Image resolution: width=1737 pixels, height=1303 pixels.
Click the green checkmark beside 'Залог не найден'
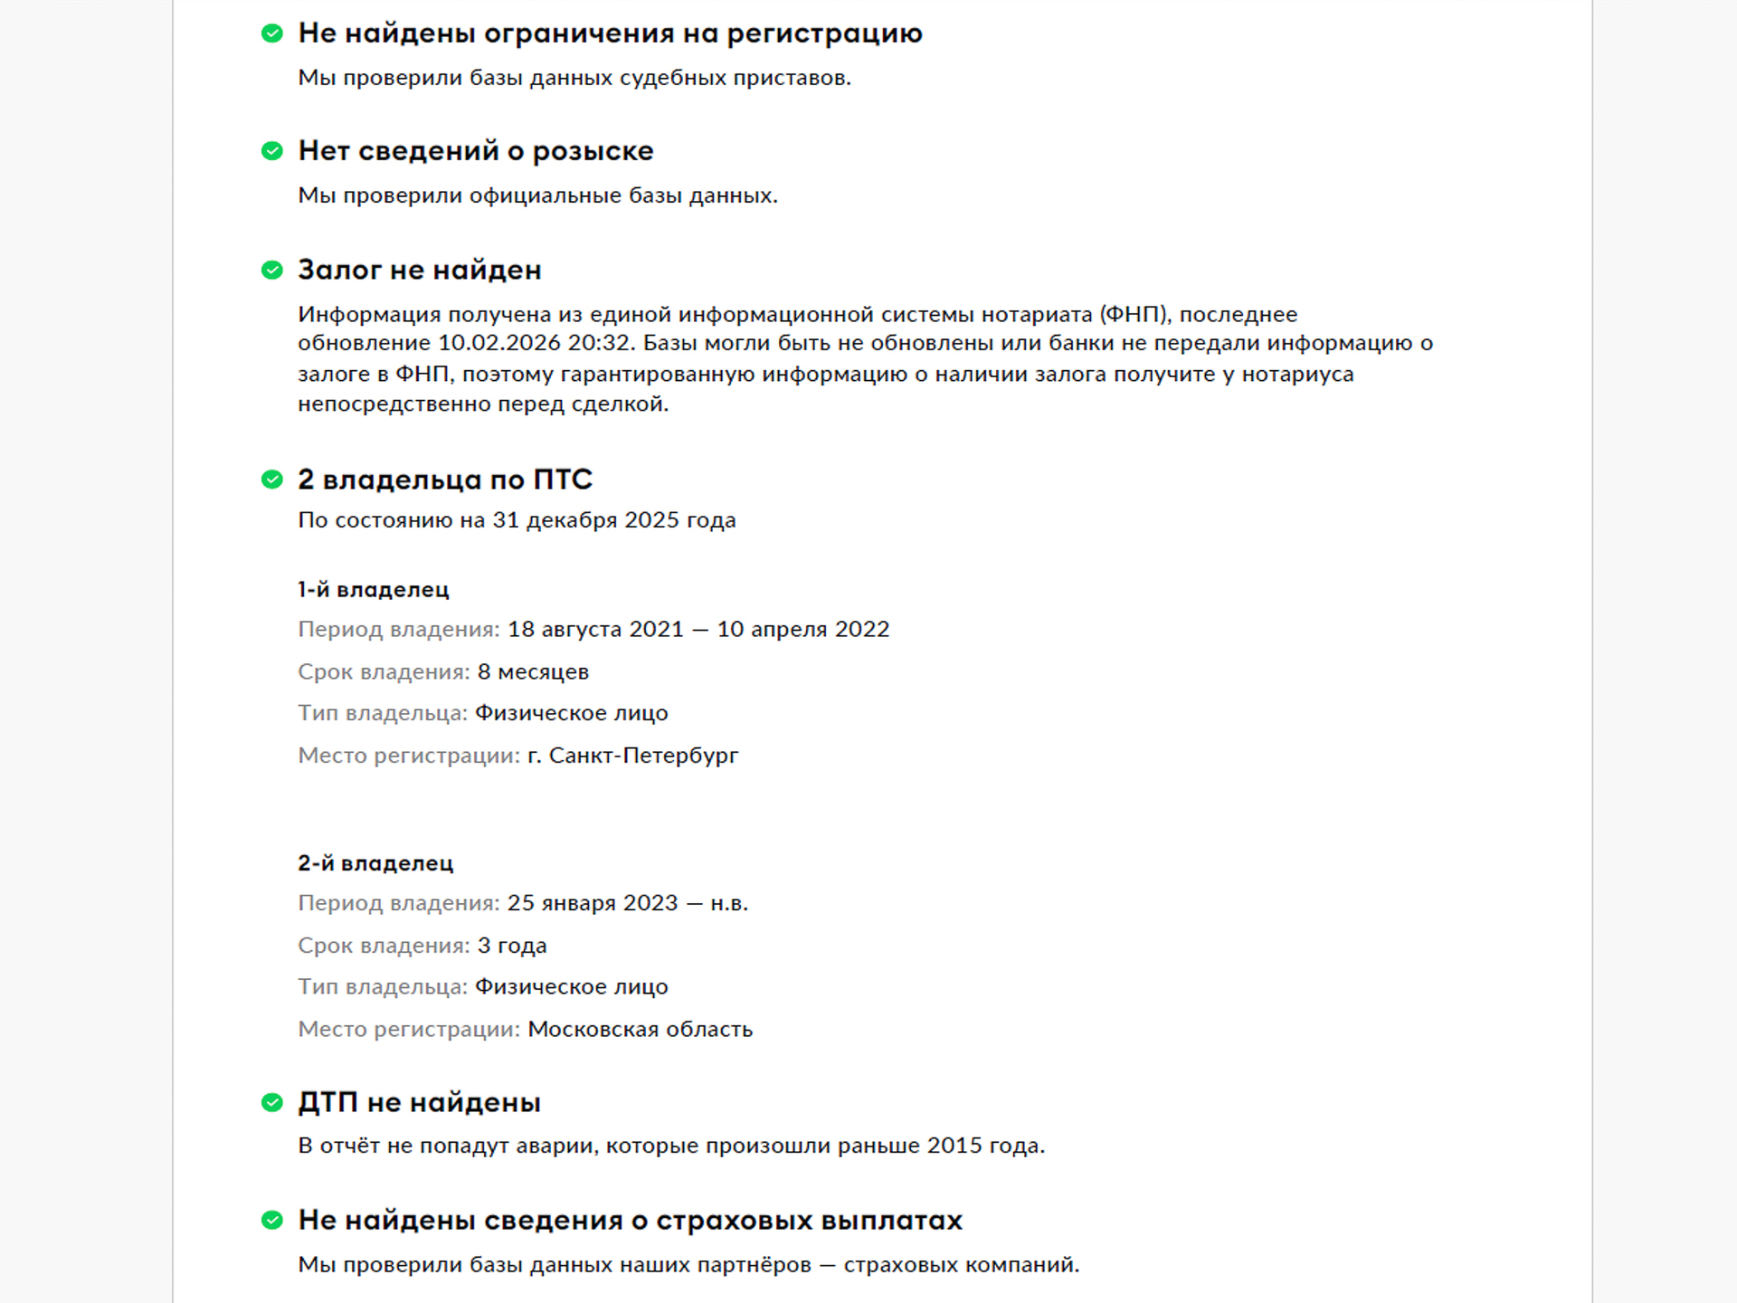[272, 270]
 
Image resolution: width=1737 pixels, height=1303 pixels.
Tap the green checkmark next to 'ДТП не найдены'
[272, 1102]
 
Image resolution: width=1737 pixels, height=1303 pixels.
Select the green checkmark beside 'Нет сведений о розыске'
[272, 151]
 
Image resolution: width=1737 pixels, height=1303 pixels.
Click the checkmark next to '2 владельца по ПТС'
[272, 480]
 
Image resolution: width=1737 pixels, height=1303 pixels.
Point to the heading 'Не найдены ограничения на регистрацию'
[610, 33]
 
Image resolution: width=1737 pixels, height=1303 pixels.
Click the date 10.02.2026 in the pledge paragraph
[499, 343]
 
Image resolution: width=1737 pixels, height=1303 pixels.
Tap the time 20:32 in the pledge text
[600, 343]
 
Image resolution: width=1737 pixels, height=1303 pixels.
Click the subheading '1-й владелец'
[374, 590]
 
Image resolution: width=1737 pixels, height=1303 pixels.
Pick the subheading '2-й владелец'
[375, 863]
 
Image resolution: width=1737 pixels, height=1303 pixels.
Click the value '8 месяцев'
[533, 671]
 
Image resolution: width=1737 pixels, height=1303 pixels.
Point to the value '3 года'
[512, 946]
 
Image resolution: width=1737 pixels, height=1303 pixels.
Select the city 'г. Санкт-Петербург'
[633, 756]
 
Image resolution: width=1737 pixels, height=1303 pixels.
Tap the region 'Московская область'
[640, 1030]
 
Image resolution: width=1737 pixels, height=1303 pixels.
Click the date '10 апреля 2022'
[803, 629]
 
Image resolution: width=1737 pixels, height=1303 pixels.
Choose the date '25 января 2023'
[592, 903]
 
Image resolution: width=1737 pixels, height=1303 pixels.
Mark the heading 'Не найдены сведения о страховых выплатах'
[630, 1221]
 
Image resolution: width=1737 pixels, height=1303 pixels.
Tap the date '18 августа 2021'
[595, 629]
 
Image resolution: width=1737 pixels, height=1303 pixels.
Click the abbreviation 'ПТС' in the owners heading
[563, 480]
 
